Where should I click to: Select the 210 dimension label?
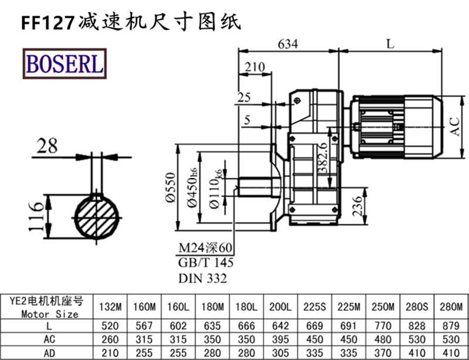click(254, 67)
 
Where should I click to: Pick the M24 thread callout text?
click(205, 247)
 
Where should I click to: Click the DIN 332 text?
click(202, 279)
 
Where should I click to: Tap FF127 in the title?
click(47, 22)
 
